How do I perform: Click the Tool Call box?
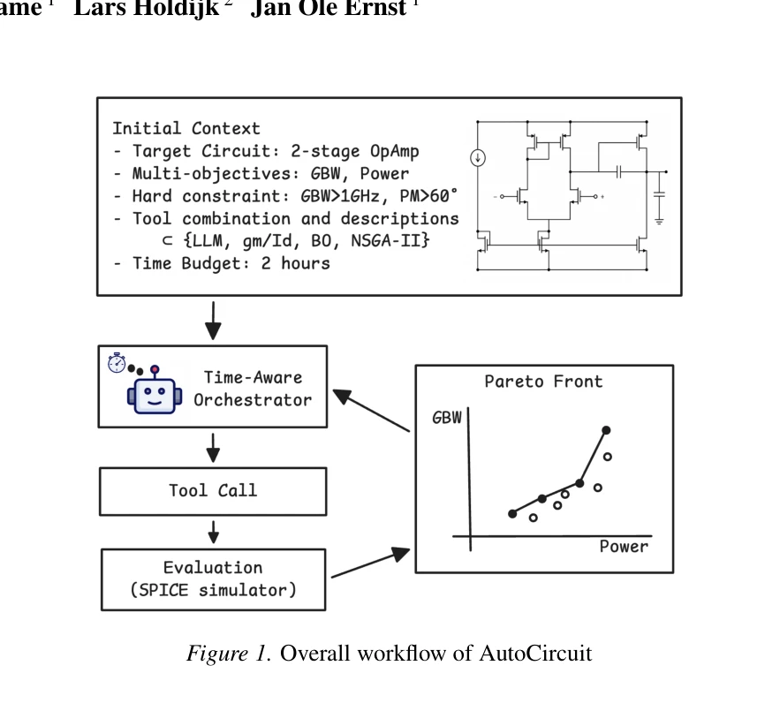pyautogui.click(x=213, y=491)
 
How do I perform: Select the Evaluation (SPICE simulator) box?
pyautogui.click(x=214, y=579)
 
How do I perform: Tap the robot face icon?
pyautogui.click(x=155, y=392)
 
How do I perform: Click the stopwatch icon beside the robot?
pyautogui.click(x=117, y=363)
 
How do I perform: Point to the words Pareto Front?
pyautogui.click(x=544, y=382)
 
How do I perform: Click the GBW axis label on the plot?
pyautogui.click(x=447, y=418)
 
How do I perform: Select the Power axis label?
pyautogui.click(x=624, y=547)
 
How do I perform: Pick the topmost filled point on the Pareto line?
pyautogui.click(x=606, y=430)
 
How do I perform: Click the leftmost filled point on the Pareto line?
pyautogui.click(x=512, y=513)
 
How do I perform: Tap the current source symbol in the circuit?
pyautogui.click(x=478, y=158)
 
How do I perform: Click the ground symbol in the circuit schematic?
pyautogui.click(x=659, y=221)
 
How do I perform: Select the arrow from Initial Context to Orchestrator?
pyautogui.click(x=214, y=321)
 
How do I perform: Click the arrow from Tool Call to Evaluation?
pyautogui.click(x=214, y=532)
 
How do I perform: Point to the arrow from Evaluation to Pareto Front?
pyautogui.click(x=371, y=563)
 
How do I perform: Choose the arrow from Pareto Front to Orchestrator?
pyautogui.click(x=371, y=411)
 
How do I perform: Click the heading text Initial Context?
pyautogui.click(x=186, y=128)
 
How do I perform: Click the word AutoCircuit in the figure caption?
pyautogui.click(x=535, y=653)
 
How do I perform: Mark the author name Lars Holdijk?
pyautogui.click(x=147, y=9)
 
